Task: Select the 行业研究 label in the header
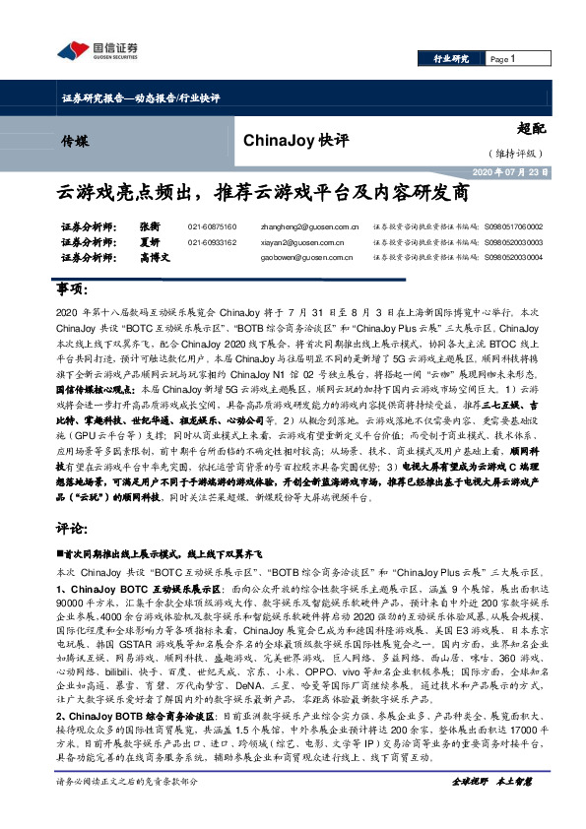point(451,59)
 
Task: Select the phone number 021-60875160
point(212,226)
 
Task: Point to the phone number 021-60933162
point(212,241)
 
